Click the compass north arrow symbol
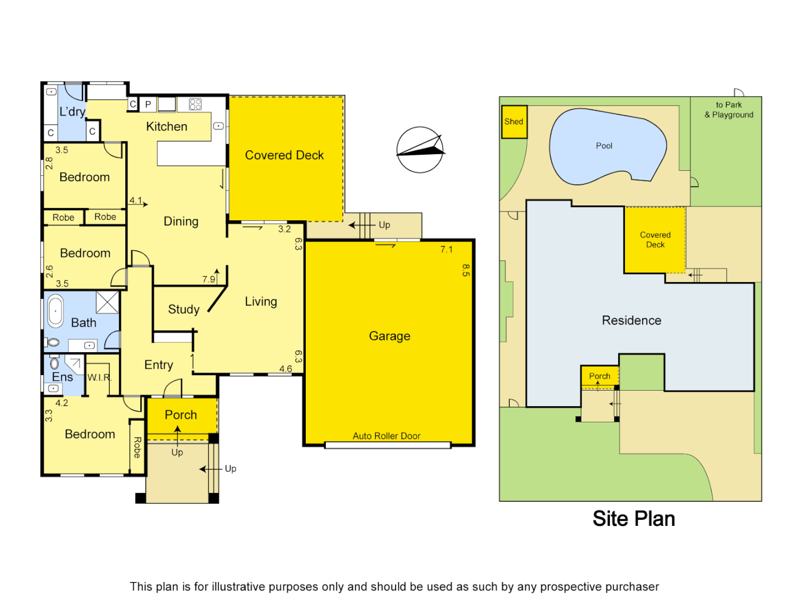(420, 150)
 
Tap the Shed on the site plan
(514, 122)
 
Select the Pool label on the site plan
(604, 146)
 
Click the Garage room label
(389, 336)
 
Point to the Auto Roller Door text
(387, 436)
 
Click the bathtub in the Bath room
(56, 311)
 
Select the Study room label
(184, 309)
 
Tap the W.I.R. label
(100, 377)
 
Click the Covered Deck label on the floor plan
(284, 155)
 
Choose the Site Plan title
(633, 519)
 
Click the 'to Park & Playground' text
(728, 110)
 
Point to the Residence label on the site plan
(631, 321)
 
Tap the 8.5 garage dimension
(466, 270)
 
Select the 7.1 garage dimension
(447, 249)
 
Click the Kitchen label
(167, 127)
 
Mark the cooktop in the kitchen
(195, 104)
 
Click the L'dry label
(72, 112)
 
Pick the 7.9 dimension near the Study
(209, 279)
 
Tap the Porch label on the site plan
(599, 376)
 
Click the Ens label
(62, 377)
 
